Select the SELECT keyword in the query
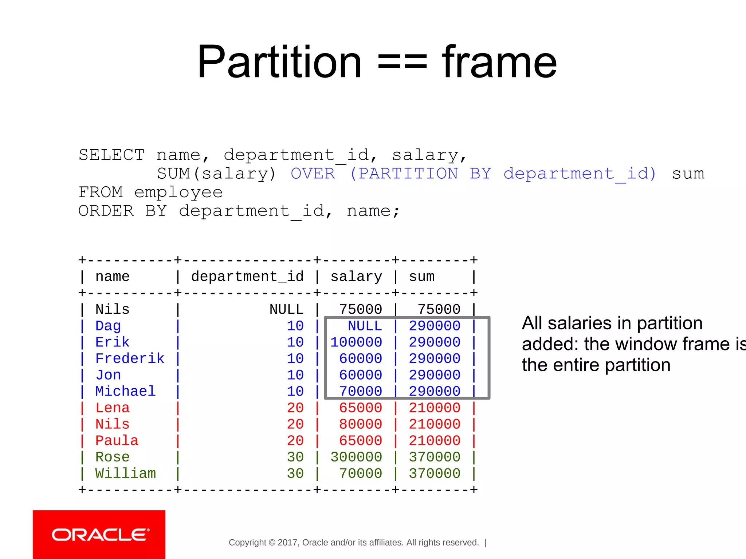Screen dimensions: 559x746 coord(111,155)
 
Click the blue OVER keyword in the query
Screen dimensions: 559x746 coord(313,174)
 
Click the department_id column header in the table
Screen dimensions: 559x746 coord(247,277)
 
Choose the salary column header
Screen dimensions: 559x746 coord(356,277)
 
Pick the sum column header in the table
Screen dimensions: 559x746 coord(421,277)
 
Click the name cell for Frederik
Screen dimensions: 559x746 coord(130,359)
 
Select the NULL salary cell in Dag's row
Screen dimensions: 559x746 coord(365,326)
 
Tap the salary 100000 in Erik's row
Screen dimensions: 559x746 coord(356,342)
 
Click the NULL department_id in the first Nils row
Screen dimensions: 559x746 coord(286,310)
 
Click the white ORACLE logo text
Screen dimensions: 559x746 coord(100,535)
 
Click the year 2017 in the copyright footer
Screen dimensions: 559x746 coord(288,543)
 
